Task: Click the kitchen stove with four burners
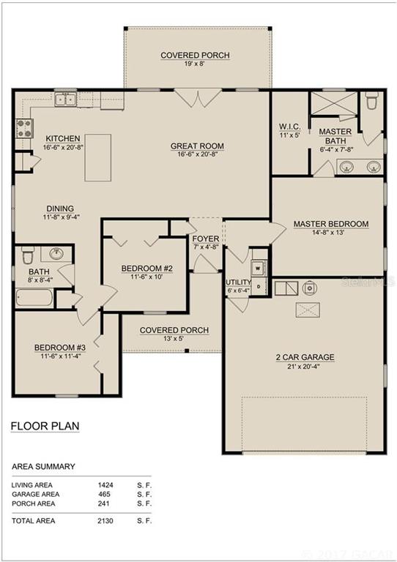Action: (x=25, y=129)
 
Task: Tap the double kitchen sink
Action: (x=66, y=100)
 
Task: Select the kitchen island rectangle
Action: (x=98, y=158)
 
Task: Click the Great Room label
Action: (x=197, y=146)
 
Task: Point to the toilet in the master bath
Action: (x=371, y=101)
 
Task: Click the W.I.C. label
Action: (x=290, y=127)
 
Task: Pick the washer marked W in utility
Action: (x=259, y=268)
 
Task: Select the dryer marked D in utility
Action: (x=259, y=286)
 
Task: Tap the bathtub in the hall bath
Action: (x=34, y=298)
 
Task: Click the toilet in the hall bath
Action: (x=28, y=255)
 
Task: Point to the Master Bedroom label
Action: (x=331, y=224)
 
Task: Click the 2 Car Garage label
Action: (x=305, y=357)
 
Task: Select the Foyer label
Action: (x=206, y=239)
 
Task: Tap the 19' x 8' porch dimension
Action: (x=195, y=64)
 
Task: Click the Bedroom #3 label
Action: (x=60, y=348)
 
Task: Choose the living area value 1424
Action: (x=105, y=485)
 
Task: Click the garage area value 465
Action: (x=104, y=494)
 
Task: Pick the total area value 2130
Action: (x=105, y=521)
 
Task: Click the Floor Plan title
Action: (x=45, y=426)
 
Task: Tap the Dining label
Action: (x=60, y=209)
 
